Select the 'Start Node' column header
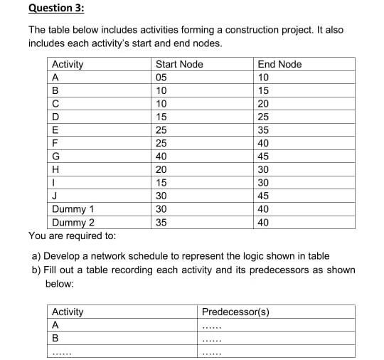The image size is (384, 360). point(179,65)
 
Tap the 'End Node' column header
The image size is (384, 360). point(279,65)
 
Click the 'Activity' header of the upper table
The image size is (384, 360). point(68,65)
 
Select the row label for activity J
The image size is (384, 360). point(55,196)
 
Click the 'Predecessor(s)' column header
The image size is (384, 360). point(235,312)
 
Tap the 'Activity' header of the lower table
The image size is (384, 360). point(68,312)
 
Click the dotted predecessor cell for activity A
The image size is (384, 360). point(212,326)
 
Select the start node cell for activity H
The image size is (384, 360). point(161,169)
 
